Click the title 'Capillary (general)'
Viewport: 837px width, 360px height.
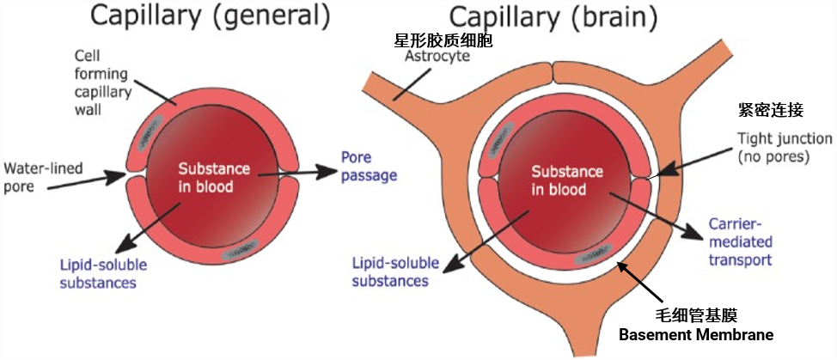click(x=209, y=16)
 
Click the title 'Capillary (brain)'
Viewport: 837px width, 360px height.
click(x=553, y=16)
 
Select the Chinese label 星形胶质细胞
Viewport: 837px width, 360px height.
click(x=443, y=39)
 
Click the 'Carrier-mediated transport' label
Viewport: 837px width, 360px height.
click(x=740, y=242)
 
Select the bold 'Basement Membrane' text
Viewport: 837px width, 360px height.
click(x=695, y=335)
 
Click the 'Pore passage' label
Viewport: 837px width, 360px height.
click(x=369, y=167)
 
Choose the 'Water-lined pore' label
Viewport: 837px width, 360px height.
click(x=43, y=178)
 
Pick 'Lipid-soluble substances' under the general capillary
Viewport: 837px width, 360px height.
click(x=103, y=273)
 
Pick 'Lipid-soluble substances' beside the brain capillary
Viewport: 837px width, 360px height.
click(x=395, y=272)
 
